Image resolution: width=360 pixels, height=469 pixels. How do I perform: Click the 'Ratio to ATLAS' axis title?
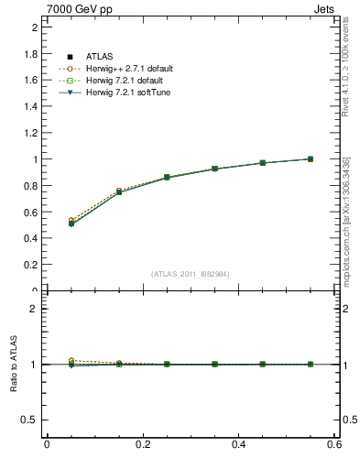pos(13,365)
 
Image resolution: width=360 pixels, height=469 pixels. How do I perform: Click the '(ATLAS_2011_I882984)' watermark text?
pos(191,274)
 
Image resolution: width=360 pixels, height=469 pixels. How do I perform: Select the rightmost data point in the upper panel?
pos(311,158)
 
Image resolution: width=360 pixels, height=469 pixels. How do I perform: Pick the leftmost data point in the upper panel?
pos(71,224)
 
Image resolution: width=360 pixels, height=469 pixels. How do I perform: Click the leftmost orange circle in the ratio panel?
pos(71,361)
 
